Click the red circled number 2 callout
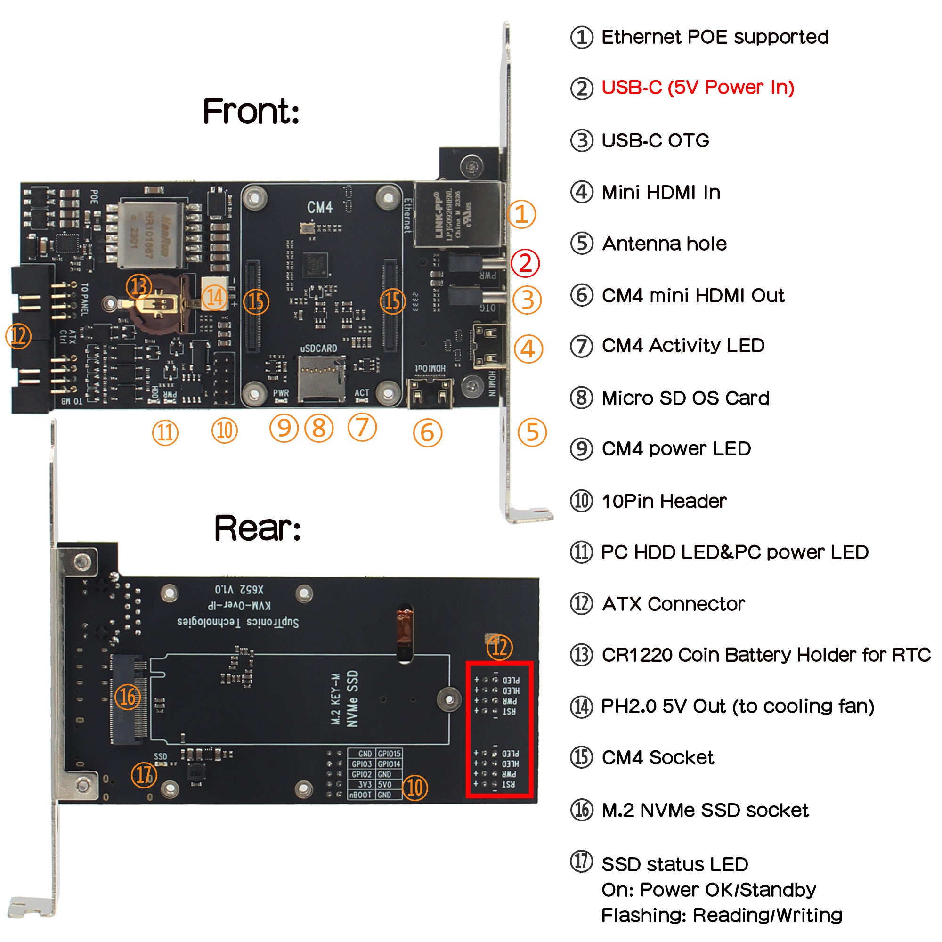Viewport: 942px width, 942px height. click(525, 263)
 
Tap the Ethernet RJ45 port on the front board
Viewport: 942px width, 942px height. click(458, 214)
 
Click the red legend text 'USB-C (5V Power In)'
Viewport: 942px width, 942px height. click(697, 88)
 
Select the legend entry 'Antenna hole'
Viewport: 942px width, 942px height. click(664, 244)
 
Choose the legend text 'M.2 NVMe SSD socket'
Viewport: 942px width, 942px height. click(705, 810)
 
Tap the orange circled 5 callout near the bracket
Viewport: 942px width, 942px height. click(532, 432)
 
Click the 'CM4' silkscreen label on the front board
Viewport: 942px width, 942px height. click(320, 207)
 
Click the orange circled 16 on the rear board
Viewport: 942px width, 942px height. click(128, 697)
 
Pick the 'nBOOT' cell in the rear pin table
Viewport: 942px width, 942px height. click(361, 795)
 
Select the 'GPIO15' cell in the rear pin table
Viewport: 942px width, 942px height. click(389, 754)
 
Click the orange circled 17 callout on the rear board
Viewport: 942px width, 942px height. click(144, 775)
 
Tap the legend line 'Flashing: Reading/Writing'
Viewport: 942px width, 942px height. click(722, 915)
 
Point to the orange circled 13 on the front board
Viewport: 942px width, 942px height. click(139, 286)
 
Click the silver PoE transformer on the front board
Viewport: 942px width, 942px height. click(152, 235)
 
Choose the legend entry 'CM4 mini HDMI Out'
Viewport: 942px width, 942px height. click(692, 295)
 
